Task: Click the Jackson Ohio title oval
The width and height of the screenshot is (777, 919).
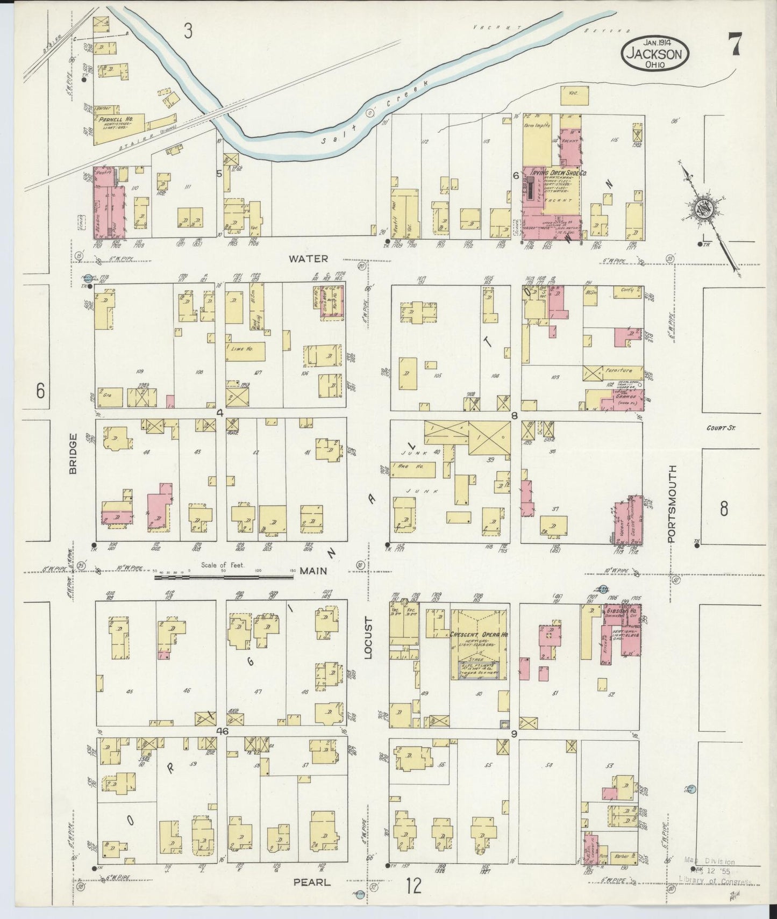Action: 655,53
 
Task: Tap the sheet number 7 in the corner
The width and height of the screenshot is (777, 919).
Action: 735,44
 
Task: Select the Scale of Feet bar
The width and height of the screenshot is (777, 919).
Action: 224,577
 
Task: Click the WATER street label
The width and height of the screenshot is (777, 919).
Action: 308,259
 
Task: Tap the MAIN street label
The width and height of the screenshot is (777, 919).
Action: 313,571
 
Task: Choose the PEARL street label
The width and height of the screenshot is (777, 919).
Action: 312,882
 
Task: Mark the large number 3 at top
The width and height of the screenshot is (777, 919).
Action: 188,32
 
